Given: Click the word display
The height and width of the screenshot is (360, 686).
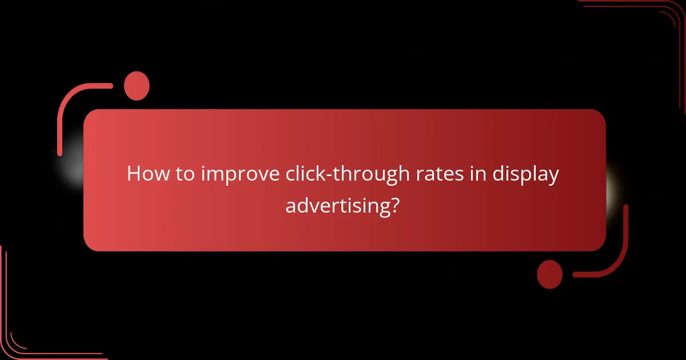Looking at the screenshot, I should pyautogui.click(x=528, y=174).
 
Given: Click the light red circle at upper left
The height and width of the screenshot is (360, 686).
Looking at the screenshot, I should pyautogui.click(x=137, y=86).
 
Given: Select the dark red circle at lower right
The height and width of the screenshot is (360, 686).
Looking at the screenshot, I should pyautogui.click(x=550, y=274).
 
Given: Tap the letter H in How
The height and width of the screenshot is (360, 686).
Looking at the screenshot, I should pyautogui.click(x=134, y=174).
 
